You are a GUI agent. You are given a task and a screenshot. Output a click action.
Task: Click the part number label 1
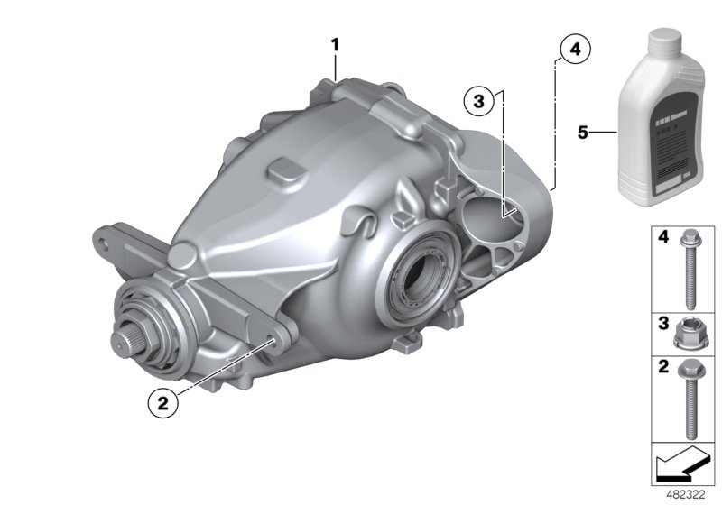click(335, 44)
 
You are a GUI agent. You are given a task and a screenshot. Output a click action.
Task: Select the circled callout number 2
click(162, 405)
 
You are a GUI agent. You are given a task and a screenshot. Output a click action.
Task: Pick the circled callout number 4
click(574, 50)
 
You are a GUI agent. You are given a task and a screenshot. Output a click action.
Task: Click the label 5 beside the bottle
click(584, 133)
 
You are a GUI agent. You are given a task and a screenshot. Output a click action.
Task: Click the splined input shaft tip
click(124, 344)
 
